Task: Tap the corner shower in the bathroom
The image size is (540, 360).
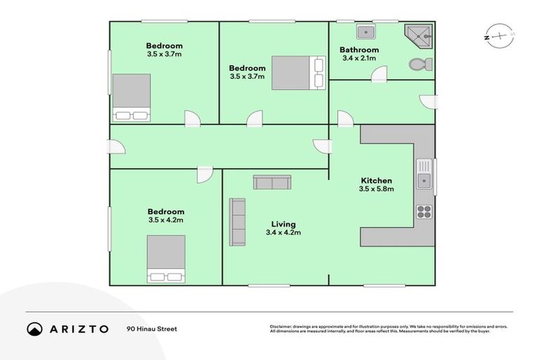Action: tap(420, 34)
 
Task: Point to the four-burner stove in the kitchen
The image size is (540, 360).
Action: tap(423, 212)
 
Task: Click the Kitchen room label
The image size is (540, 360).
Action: tap(376, 181)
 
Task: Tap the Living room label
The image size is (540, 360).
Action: tap(283, 224)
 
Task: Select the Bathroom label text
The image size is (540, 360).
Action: tap(359, 50)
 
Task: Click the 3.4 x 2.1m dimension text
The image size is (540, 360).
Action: tap(359, 58)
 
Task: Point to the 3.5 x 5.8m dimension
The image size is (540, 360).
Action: tap(376, 189)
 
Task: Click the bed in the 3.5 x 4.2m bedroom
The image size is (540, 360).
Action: tap(166, 259)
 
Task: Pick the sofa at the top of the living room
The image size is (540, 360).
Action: tap(272, 183)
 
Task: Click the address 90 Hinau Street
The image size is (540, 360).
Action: tap(152, 329)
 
